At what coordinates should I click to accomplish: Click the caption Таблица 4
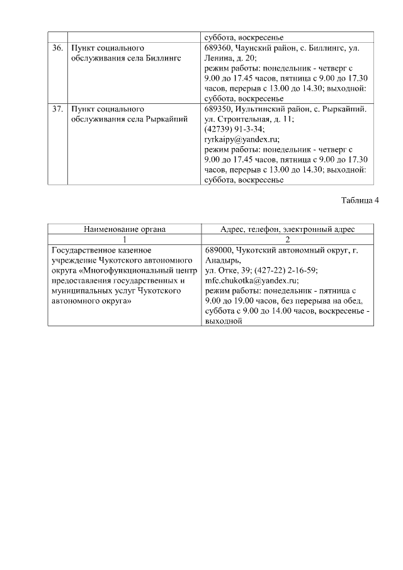tap(360, 201)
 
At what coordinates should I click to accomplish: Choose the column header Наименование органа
tap(125, 229)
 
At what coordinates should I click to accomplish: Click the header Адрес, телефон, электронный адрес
tap(287, 229)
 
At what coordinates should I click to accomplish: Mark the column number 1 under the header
tap(125, 239)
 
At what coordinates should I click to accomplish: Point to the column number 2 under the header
tap(287, 239)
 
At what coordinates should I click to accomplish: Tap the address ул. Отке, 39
tap(228, 271)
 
